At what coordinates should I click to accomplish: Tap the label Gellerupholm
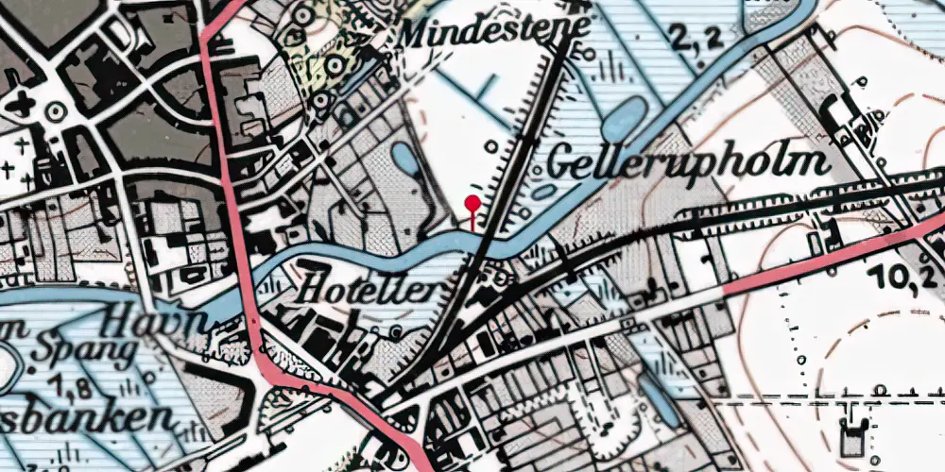click(x=689, y=163)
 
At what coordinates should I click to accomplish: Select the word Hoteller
click(x=369, y=290)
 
